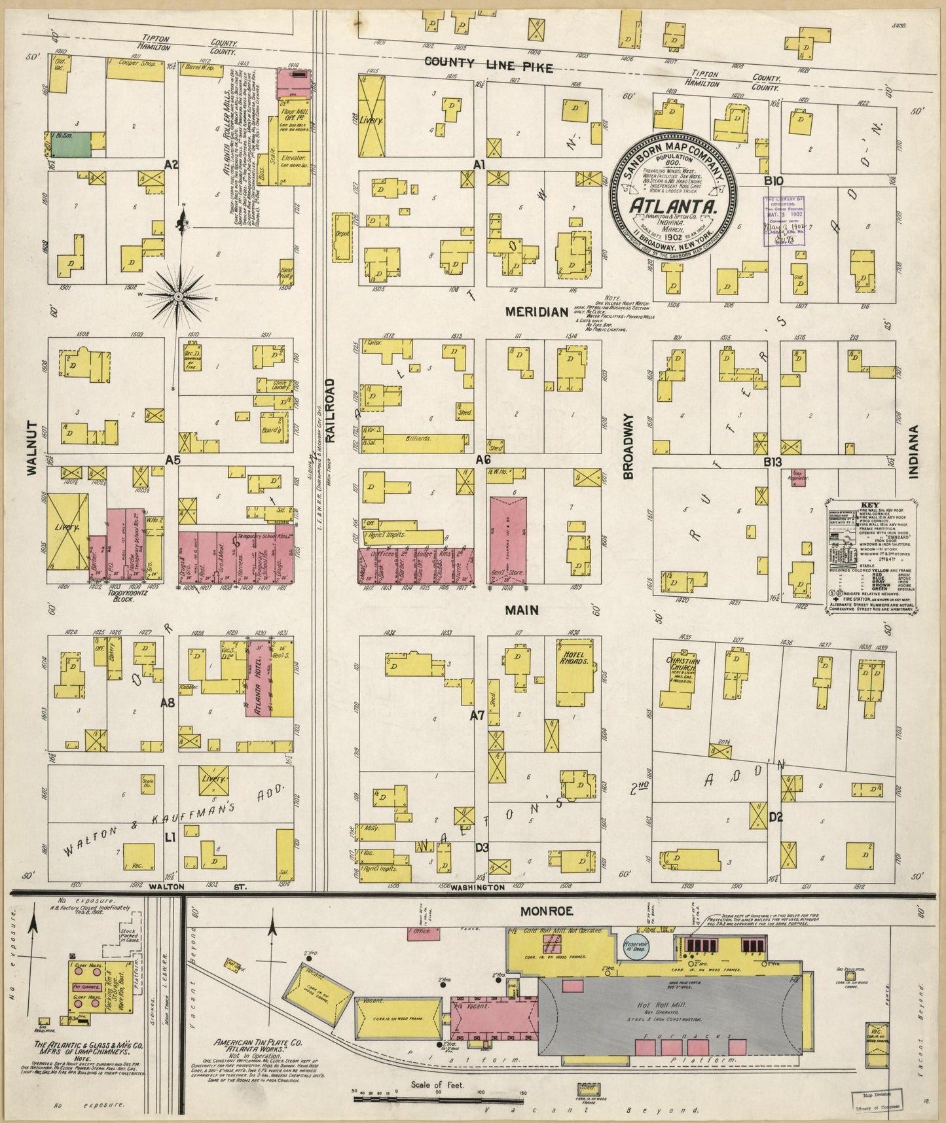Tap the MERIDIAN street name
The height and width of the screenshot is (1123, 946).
pyautogui.click(x=535, y=312)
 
